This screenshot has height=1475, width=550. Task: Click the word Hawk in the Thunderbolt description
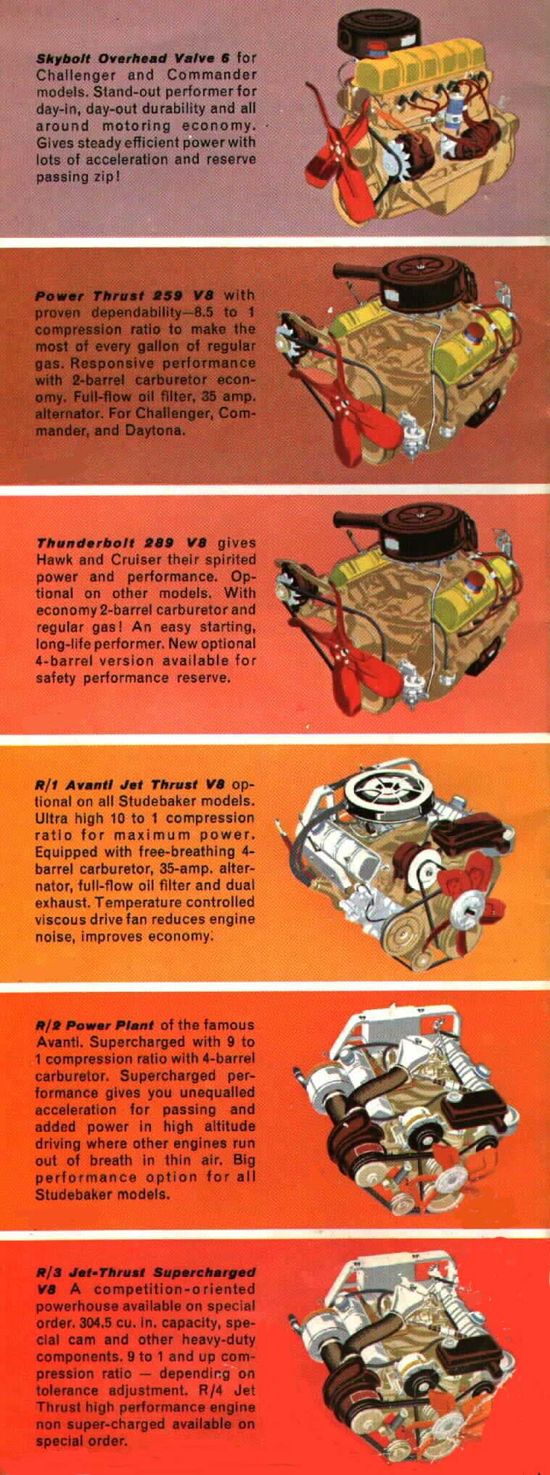[x=55, y=559]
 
